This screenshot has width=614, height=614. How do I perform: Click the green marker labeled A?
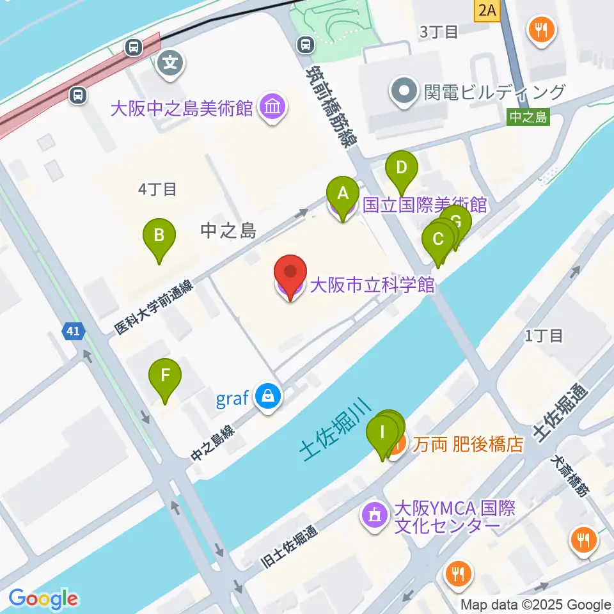tap(342, 193)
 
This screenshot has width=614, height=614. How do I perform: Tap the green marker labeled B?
tap(159, 236)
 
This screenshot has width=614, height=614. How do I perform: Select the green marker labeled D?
tap(401, 169)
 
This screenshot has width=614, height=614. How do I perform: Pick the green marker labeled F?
tap(165, 375)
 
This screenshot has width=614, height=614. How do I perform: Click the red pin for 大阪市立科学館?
tap(290, 273)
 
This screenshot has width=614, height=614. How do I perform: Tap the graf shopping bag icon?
tap(267, 397)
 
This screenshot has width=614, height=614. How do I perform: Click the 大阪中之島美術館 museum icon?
tap(273, 106)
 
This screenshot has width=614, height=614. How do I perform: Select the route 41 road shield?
tap(73, 331)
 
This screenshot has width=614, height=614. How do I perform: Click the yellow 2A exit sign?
tap(487, 9)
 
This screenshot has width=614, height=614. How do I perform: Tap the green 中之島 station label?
tap(528, 116)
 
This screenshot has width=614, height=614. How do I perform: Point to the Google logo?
tap(43, 599)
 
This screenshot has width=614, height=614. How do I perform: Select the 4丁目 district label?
tap(157, 189)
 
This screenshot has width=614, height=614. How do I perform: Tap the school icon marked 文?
tap(171, 62)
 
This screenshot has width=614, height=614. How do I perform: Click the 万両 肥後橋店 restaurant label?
tap(468, 444)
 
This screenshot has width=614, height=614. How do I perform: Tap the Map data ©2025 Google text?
tap(536, 604)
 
